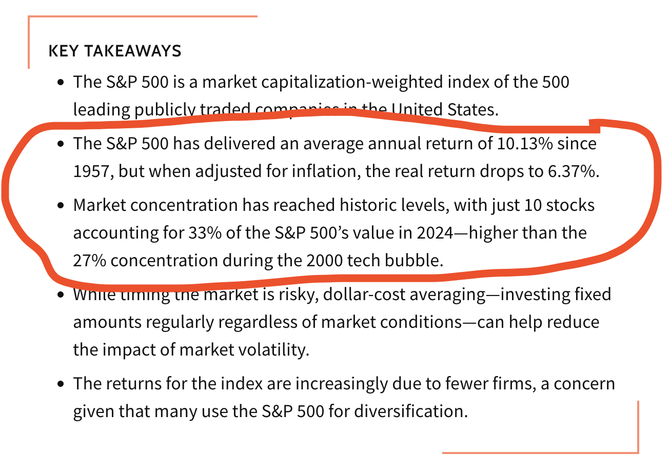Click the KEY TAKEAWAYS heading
click(114, 51)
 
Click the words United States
click(443, 110)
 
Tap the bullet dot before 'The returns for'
click(61, 384)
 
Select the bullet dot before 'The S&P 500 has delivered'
click(61, 144)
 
